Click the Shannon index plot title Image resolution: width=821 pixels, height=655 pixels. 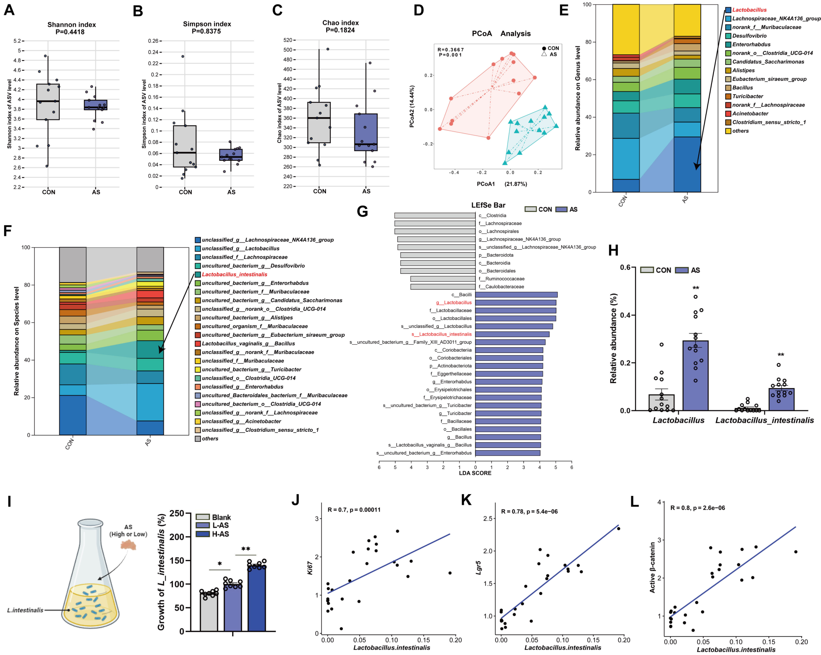point(71,25)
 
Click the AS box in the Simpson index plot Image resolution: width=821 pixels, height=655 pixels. point(231,155)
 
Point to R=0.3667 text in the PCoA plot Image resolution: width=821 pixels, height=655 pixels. point(451,50)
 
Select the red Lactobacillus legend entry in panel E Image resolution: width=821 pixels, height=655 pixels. point(749,10)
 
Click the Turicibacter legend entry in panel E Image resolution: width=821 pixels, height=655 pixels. point(747,97)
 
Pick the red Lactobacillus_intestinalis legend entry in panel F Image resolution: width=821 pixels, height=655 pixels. point(234,275)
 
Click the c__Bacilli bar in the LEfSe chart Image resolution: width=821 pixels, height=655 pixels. point(516,295)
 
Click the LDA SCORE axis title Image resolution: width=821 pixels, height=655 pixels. point(475,473)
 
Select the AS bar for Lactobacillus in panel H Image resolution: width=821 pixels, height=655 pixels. point(696,375)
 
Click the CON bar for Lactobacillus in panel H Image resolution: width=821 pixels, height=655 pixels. point(661,402)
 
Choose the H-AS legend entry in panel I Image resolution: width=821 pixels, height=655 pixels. point(220,534)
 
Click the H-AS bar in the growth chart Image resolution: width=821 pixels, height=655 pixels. point(257,597)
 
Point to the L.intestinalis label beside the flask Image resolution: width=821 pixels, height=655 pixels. point(25,610)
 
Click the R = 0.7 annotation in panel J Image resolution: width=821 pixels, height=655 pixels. point(354,510)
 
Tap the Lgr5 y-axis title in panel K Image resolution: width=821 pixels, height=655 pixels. point(479,568)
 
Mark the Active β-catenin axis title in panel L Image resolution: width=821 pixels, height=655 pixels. point(652,567)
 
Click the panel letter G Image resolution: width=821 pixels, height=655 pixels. point(362,211)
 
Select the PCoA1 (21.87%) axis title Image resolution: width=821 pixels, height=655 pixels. point(502,184)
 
